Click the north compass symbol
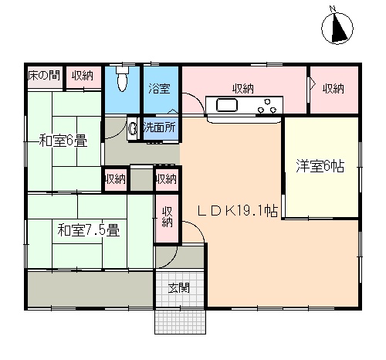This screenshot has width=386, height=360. (x=337, y=28)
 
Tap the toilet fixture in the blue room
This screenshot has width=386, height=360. (x=122, y=78)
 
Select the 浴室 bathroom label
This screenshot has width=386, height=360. (x=159, y=88)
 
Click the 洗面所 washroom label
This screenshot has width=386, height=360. (x=160, y=127)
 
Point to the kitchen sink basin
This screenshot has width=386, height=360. (x=226, y=105)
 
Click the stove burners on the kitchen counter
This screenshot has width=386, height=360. (x=267, y=106)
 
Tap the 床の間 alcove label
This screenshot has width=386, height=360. (x=44, y=76)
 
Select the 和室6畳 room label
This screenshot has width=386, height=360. (x=63, y=141)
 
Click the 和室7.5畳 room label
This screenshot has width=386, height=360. (x=89, y=230)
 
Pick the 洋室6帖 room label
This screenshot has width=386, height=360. (x=320, y=166)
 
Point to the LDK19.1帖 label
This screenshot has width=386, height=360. (x=238, y=211)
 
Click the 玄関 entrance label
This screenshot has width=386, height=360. (x=179, y=288)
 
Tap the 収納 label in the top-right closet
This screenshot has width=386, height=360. (x=334, y=89)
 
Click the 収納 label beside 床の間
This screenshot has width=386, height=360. (x=83, y=76)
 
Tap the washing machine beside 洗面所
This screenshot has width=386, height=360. (x=133, y=128)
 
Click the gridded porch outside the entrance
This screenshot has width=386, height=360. (x=180, y=322)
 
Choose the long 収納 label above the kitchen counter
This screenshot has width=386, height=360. (x=243, y=89)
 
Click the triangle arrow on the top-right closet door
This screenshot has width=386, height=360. (x=312, y=83)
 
